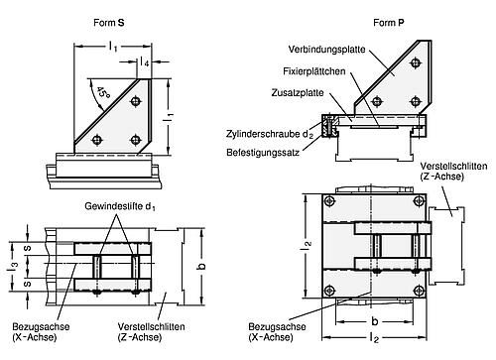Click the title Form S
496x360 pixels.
pyautogui.click(x=109, y=23)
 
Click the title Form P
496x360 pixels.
pyautogui.click(x=389, y=23)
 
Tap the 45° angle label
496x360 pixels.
pyautogui.click(x=103, y=93)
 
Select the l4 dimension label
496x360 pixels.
pyautogui.click(x=144, y=61)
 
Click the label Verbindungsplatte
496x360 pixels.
pyautogui.click(x=326, y=50)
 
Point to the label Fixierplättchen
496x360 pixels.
pyautogui.click(x=314, y=71)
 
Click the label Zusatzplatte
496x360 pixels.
pyautogui.click(x=298, y=92)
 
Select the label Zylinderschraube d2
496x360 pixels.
pyautogui.click(x=270, y=134)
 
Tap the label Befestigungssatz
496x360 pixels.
pyautogui.click(x=263, y=153)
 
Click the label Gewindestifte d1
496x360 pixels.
pyautogui.click(x=120, y=206)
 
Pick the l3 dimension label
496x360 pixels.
pyautogui.click(x=12, y=267)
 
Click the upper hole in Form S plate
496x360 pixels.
pyautogui.click(x=135, y=101)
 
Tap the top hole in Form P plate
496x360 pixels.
pyautogui.click(x=416, y=62)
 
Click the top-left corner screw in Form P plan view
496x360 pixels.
pyautogui.click(x=329, y=201)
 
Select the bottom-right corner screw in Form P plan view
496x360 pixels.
pyautogui.click(x=420, y=291)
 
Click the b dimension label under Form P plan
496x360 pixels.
pyautogui.click(x=374, y=321)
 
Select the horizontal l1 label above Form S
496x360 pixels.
pyautogui.click(x=113, y=47)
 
